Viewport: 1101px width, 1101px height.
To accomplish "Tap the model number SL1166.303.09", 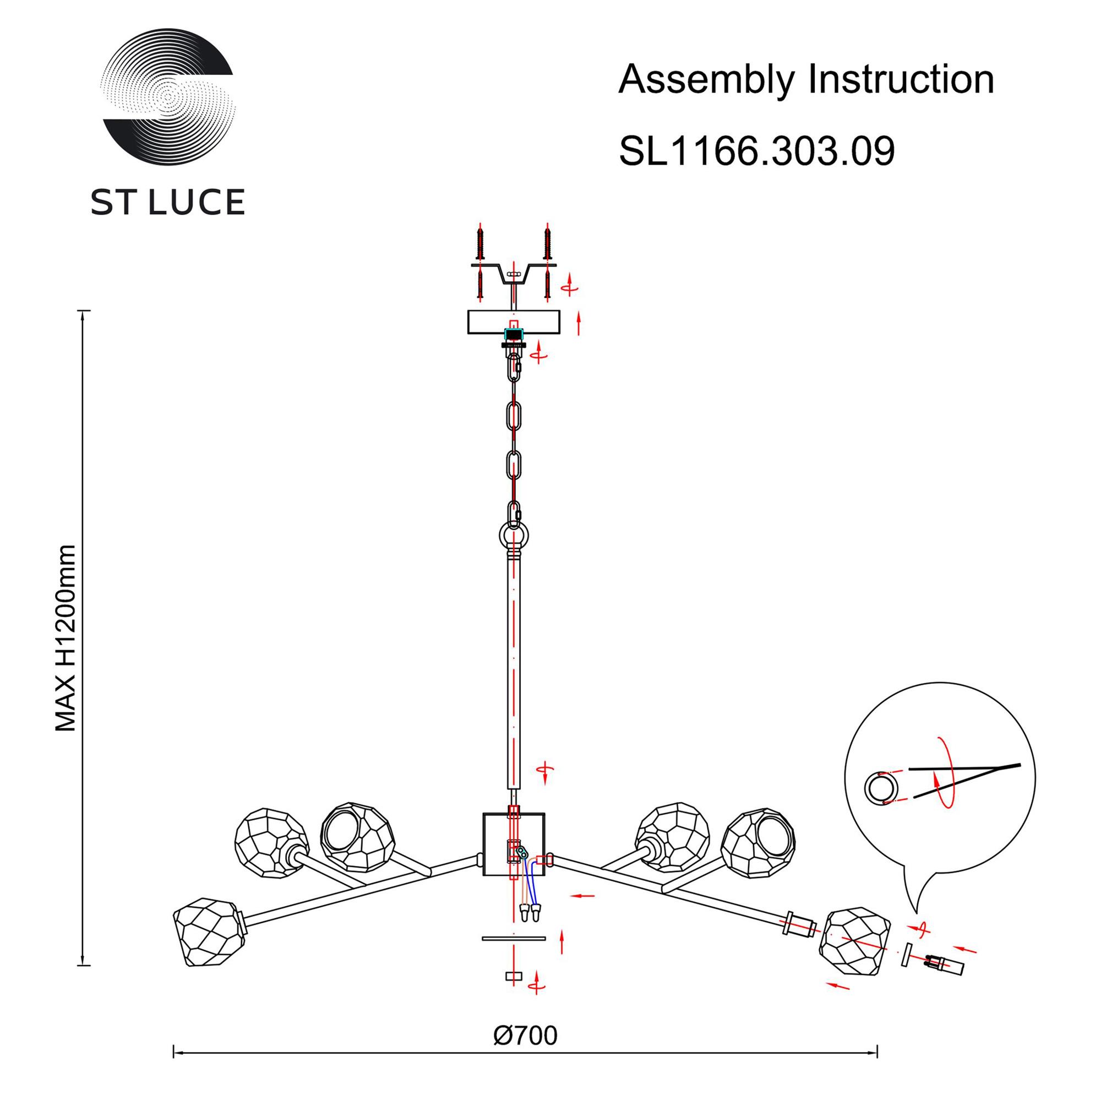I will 757,151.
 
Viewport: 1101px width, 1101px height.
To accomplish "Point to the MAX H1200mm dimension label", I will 66,638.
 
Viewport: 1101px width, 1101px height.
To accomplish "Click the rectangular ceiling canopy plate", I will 514,322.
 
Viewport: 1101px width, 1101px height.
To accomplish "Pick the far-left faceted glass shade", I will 210,931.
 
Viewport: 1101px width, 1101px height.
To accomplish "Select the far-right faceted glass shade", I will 854,943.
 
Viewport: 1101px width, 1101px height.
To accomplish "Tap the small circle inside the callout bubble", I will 881,788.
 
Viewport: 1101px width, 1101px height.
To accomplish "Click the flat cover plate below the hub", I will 514,938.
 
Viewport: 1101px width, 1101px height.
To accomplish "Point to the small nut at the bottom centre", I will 514,976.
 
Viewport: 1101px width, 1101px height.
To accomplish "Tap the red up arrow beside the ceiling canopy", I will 579,323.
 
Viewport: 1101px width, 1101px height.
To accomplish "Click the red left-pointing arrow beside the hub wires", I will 582,896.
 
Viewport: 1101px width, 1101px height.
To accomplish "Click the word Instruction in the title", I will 901,79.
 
